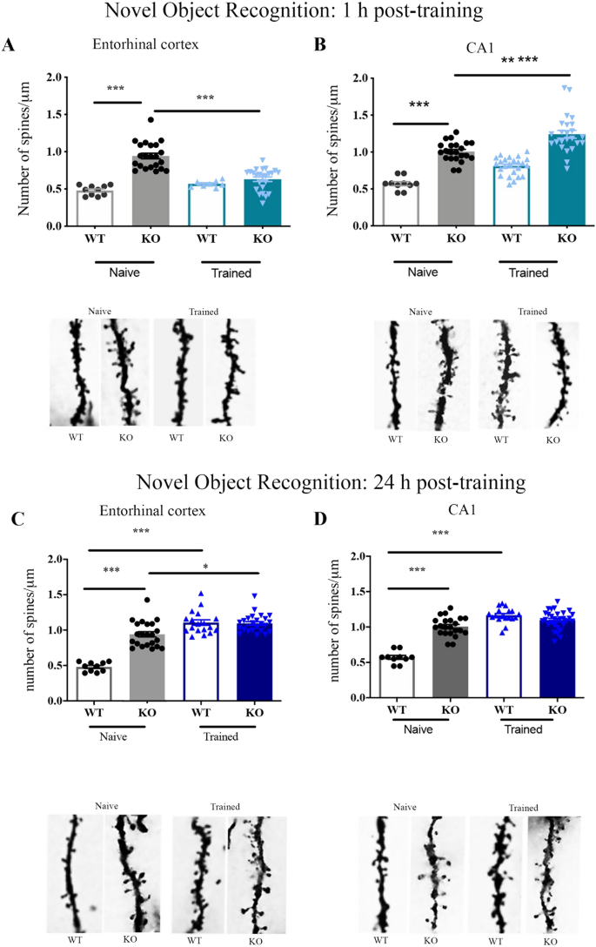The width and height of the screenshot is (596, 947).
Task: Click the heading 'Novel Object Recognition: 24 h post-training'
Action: [297, 481]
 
